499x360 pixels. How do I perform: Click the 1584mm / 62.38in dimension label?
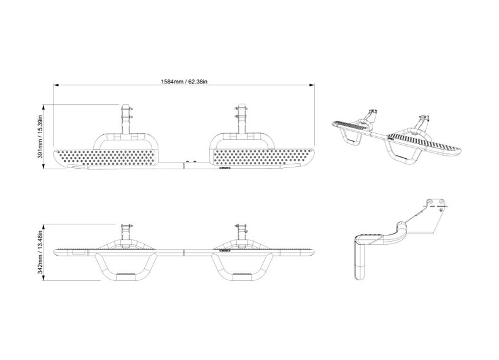click(x=184, y=82)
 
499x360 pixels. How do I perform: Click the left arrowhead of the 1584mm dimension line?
click(x=56, y=85)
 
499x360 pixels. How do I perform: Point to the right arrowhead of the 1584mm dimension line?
click(x=312, y=85)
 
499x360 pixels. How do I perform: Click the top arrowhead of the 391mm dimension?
click(x=43, y=107)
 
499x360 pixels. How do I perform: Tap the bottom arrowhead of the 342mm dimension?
click(x=43, y=278)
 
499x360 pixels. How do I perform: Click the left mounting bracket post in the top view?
click(x=126, y=119)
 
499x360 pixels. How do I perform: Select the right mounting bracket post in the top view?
click(x=242, y=119)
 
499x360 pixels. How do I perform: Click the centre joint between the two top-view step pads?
click(x=185, y=164)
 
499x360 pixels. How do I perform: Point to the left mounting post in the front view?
click(x=126, y=234)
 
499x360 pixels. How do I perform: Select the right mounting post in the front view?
click(x=242, y=234)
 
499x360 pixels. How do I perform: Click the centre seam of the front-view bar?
click(x=184, y=252)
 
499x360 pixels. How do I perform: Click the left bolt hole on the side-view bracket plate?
click(x=430, y=202)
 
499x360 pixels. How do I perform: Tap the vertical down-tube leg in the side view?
click(x=360, y=261)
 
